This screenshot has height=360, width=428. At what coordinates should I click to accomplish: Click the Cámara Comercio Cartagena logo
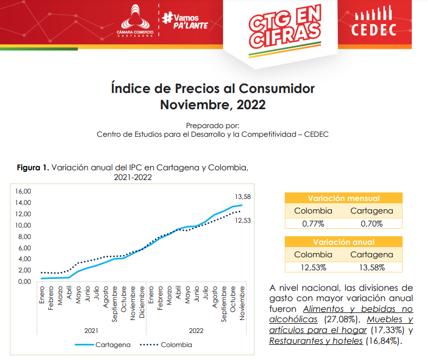tap(135, 21)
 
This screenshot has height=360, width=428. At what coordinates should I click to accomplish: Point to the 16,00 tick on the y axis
tap(24, 191)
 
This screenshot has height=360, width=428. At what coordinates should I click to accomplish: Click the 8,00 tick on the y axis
tap(25, 237)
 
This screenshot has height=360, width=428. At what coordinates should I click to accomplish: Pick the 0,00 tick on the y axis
tap(25, 282)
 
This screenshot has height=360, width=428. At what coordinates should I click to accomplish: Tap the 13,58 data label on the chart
tap(243, 196)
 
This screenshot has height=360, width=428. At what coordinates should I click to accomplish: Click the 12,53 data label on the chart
tap(243, 221)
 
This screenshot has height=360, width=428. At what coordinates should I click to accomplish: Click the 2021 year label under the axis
tap(91, 329)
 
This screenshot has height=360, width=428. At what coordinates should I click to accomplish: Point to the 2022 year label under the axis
tap(196, 329)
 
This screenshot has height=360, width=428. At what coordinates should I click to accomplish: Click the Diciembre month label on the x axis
tap(142, 302)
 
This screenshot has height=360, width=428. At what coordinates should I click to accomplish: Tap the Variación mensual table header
tap(343, 198)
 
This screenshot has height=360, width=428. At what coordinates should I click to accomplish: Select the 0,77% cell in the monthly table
tap(313, 223)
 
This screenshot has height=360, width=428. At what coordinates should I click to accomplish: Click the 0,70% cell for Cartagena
tap(372, 223)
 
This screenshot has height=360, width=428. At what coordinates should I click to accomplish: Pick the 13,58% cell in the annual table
tap(372, 267)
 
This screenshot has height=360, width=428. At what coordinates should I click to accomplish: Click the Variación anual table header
tap(343, 242)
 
